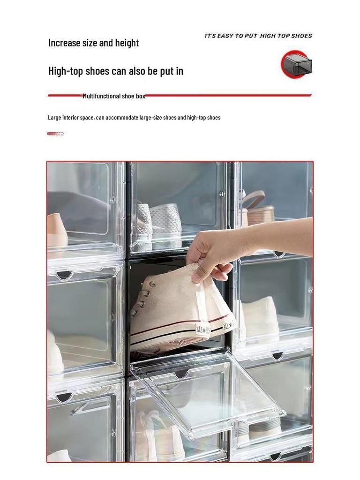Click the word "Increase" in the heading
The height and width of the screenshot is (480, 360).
(64, 43)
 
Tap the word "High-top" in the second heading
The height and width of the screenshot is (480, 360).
(66, 71)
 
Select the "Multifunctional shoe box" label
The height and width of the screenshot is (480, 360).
(114, 96)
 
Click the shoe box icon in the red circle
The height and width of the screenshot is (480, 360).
(296, 65)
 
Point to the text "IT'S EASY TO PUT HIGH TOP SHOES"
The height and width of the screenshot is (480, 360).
(258, 36)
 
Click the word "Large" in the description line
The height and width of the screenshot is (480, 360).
(55, 118)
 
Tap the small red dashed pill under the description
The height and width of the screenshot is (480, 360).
(55, 134)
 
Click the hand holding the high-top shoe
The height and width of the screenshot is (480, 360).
(211, 255)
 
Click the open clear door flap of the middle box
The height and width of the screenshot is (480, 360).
(211, 394)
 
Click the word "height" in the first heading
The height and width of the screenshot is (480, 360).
(125, 43)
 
